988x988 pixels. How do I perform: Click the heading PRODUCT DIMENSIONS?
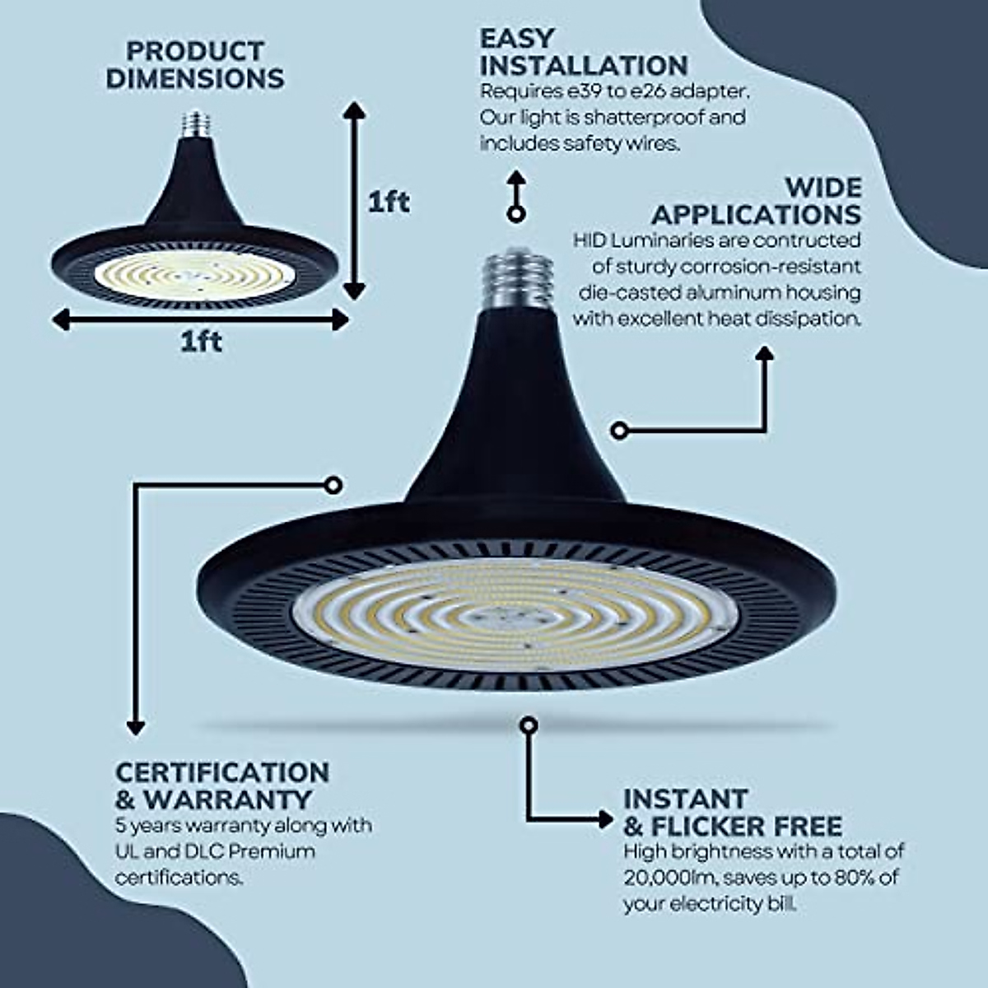click(x=195, y=65)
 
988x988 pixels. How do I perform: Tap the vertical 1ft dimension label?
click(x=389, y=202)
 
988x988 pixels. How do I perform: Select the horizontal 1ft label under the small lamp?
click(x=201, y=341)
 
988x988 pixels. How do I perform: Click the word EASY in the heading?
click(x=517, y=39)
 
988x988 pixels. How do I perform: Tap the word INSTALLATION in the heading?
click(x=584, y=65)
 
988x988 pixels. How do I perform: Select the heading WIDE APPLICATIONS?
click(x=756, y=201)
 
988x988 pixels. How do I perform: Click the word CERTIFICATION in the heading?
click(x=222, y=772)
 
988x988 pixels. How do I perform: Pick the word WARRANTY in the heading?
click(x=228, y=799)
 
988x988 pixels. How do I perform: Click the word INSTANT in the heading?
click(x=685, y=799)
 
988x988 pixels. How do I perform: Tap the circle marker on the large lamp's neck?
click(x=620, y=430)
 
